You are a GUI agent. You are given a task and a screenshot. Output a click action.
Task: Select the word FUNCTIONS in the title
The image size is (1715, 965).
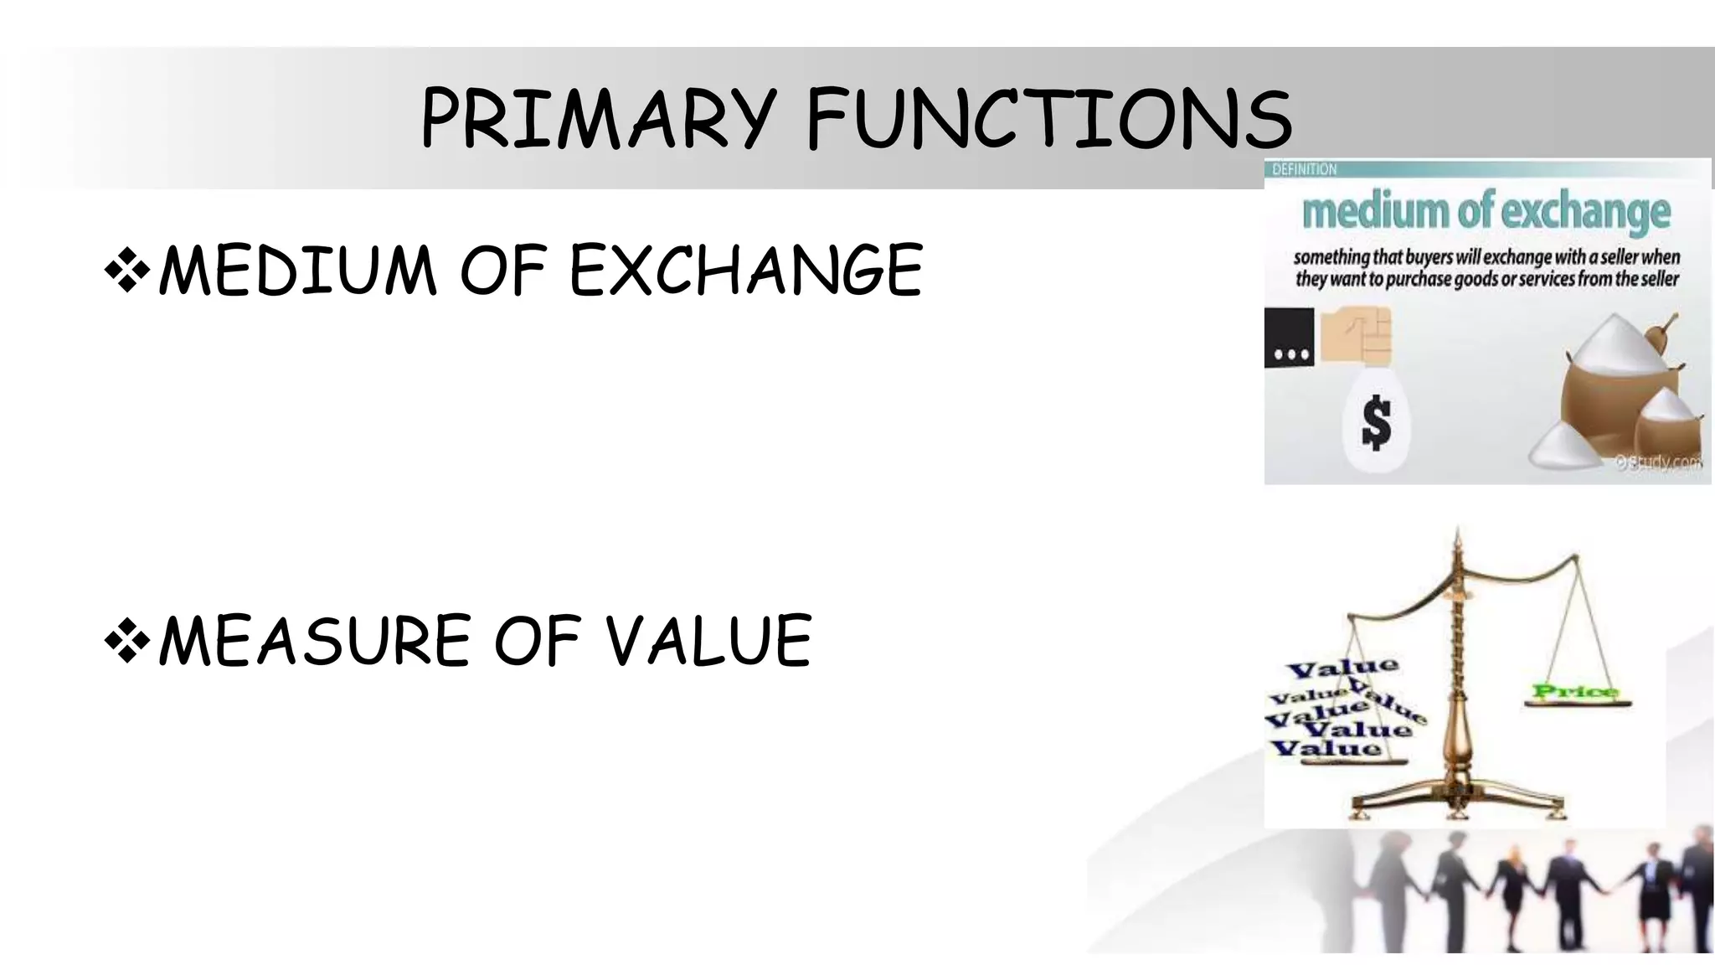[1049, 119]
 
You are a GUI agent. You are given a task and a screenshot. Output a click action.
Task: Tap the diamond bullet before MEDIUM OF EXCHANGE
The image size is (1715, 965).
[127, 270]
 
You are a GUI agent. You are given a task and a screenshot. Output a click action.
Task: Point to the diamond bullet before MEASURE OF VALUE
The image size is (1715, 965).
[127, 641]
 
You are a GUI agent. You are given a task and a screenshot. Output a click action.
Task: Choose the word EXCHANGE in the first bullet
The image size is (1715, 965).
[746, 270]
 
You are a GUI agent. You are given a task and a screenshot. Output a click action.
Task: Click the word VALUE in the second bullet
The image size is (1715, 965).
[708, 641]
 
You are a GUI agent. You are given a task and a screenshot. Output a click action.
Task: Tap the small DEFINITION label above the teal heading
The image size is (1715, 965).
[1305, 169]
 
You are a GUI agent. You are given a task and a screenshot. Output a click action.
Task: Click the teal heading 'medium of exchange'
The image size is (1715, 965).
[1486, 211]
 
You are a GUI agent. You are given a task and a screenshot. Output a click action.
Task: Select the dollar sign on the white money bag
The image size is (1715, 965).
[1377, 423]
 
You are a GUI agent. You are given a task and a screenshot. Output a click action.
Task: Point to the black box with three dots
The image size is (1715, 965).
[1290, 338]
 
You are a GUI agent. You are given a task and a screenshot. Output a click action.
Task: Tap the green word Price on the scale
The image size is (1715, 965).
[1575, 692]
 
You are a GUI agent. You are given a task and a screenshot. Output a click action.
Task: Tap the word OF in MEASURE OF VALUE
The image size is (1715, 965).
[537, 641]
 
